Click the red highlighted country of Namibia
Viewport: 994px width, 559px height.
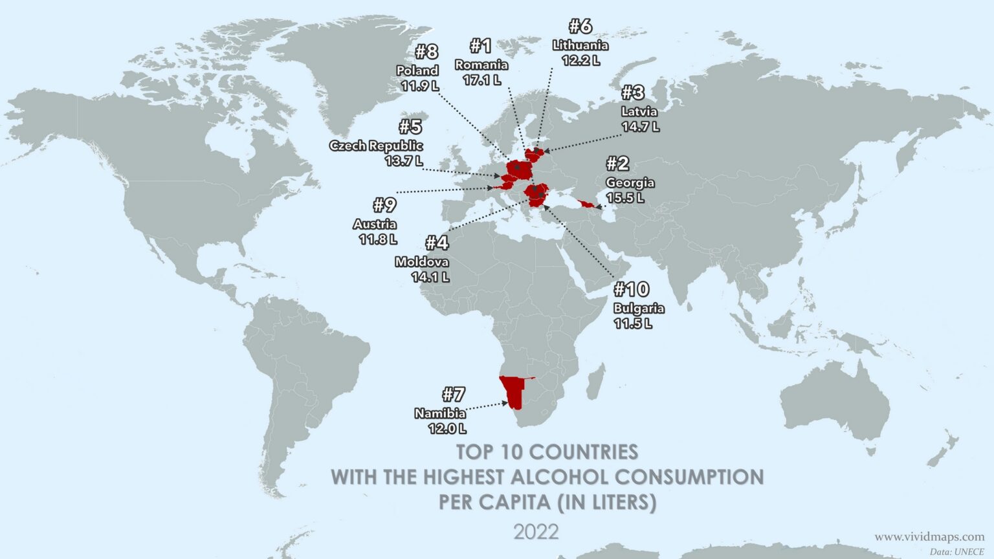click(513, 392)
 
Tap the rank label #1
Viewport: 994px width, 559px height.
click(480, 46)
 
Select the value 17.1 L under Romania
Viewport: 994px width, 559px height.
click(481, 80)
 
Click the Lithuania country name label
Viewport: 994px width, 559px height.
click(580, 45)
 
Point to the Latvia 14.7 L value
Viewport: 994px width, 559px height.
click(640, 127)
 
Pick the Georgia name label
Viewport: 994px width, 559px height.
click(630, 182)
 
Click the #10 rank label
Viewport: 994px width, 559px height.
click(631, 289)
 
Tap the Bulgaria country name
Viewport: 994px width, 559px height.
click(638, 308)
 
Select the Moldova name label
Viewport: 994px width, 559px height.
click(421, 262)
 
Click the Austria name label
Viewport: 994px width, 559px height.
click(375, 224)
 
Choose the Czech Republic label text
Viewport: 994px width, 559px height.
click(376, 146)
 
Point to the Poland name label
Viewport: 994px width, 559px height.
click(417, 71)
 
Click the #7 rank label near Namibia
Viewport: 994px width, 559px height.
click(454, 394)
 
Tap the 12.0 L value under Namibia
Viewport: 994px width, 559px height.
click(447, 428)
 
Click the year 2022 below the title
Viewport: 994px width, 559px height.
click(536, 532)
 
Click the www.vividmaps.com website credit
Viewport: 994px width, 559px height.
click(929, 536)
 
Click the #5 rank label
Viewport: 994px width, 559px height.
click(410, 126)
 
